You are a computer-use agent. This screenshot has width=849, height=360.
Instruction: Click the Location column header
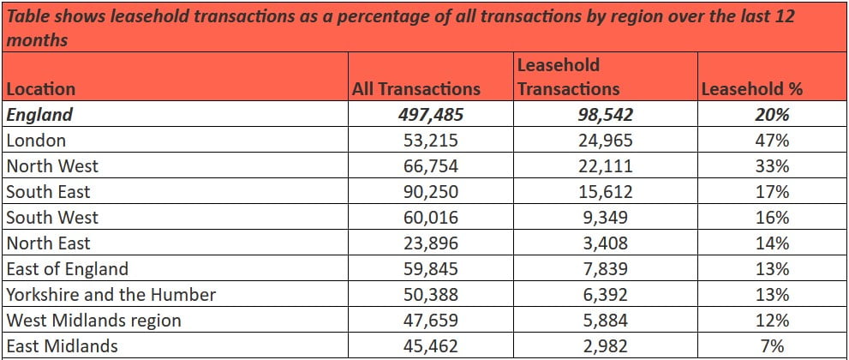[x=40, y=89]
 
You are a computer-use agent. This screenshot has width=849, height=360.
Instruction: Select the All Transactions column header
[x=416, y=89]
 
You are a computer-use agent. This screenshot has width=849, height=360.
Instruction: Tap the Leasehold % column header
[x=750, y=89]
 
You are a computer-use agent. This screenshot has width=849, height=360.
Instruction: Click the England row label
[x=39, y=115]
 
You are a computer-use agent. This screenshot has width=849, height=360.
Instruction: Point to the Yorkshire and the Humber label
[x=111, y=295]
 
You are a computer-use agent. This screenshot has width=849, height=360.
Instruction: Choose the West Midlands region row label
[x=93, y=321]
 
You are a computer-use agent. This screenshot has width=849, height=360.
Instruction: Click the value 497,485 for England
[x=431, y=115]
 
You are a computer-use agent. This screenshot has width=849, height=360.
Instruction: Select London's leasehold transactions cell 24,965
[x=606, y=141]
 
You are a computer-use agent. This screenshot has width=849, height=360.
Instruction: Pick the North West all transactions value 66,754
[x=431, y=166]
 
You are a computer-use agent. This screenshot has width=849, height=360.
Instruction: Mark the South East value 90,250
[x=431, y=192]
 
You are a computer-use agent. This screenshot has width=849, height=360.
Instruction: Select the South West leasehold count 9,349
[x=606, y=218]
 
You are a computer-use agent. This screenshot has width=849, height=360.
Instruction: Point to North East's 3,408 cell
[x=606, y=243]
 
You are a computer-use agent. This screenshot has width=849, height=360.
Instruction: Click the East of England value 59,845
[x=431, y=269]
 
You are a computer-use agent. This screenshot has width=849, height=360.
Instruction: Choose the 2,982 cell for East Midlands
[x=606, y=346]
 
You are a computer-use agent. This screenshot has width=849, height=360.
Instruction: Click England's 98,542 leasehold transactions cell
[x=606, y=115]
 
